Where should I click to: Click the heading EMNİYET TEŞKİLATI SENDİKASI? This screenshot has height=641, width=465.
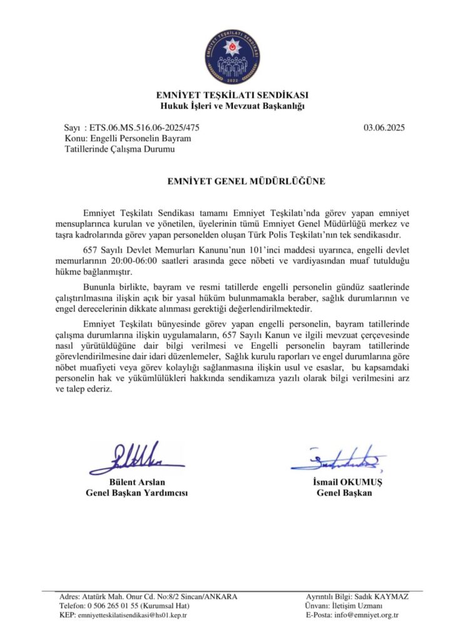point(232,96)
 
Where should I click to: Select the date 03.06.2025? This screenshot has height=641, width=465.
point(384,128)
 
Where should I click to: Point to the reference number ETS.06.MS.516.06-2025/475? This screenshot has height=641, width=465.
point(146,128)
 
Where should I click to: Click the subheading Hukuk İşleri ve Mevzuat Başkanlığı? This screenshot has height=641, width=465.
point(232,106)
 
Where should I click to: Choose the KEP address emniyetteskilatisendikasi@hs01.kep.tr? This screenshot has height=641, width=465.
point(132,615)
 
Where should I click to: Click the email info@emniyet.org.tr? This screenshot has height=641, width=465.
point(366,615)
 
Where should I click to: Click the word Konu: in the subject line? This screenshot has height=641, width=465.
point(76,138)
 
